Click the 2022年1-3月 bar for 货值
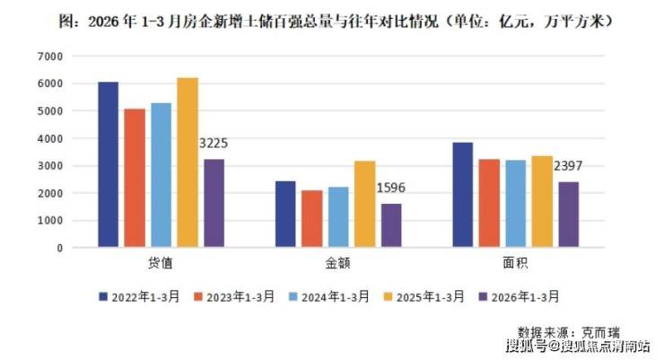(x=108, y=164)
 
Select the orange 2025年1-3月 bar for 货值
(x=188, y=162)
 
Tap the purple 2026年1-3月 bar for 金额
(x=391, y=225)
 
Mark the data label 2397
(x=568, y=165)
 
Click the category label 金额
(x=338, y=265)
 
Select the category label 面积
(x=515, y=265)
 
